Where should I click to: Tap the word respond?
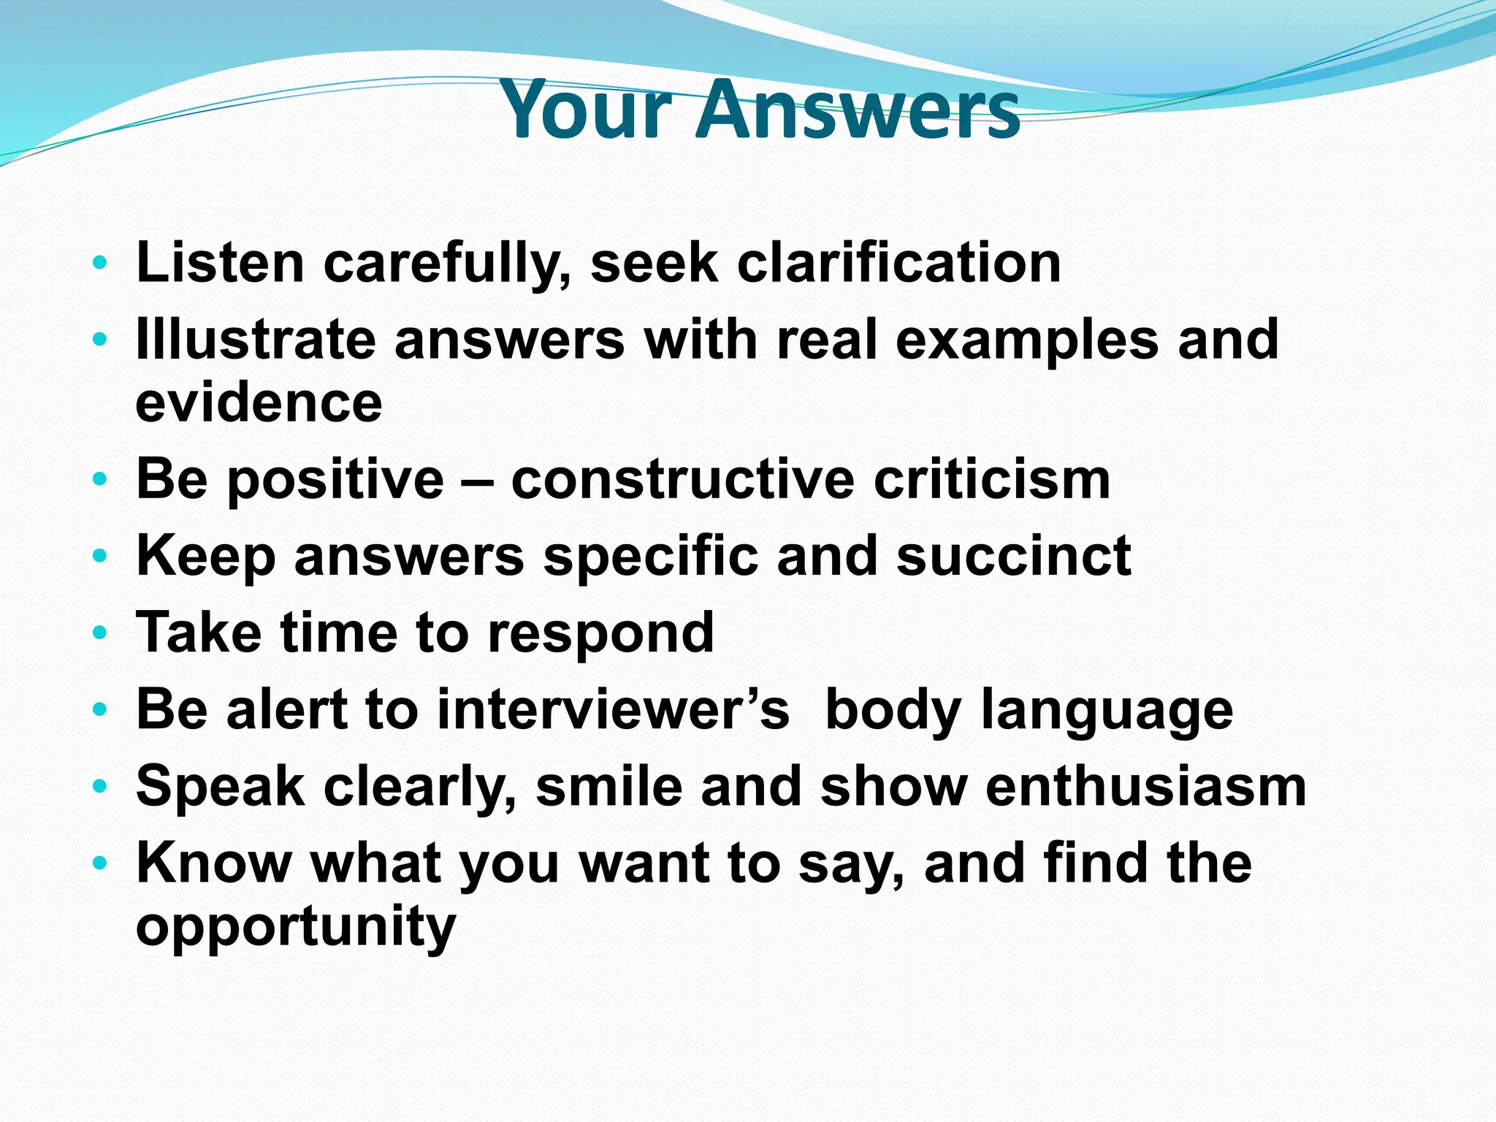pos(600,633)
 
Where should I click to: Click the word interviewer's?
pos(613,709)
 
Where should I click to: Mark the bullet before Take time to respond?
pos(100,632)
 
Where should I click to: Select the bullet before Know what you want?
pos(100,863)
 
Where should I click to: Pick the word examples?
pos(1026,341)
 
